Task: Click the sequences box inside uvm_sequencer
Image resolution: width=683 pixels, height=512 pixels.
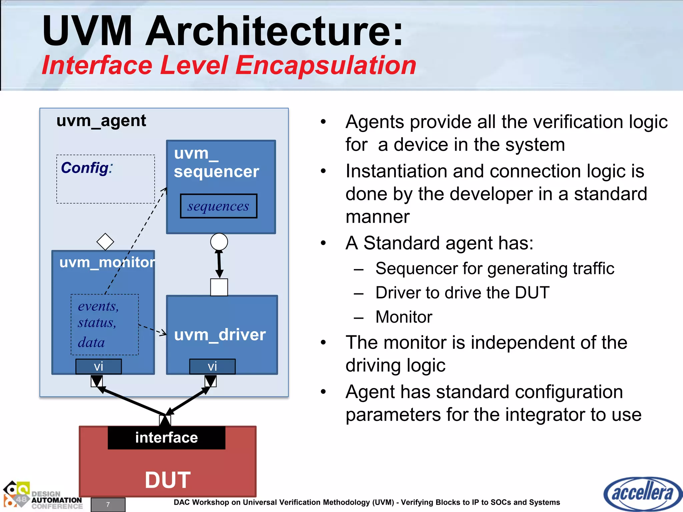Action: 218,206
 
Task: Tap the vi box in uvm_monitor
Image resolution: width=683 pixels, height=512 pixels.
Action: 98,366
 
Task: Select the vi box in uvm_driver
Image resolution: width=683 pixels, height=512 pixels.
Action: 212,366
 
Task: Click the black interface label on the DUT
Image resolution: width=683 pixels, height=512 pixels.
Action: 166,438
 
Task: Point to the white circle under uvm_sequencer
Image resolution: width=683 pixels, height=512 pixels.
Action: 219,242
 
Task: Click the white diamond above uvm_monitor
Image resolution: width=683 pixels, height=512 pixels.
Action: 105,241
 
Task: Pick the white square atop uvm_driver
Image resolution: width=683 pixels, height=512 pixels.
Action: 219,287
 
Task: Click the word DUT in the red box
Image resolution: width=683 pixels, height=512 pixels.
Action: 168,480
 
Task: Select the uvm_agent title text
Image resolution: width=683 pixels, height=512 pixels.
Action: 101,121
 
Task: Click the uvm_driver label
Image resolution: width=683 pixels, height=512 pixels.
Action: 220,334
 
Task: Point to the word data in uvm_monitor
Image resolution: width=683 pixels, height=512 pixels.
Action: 91,343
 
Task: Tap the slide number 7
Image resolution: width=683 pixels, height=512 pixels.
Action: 108,504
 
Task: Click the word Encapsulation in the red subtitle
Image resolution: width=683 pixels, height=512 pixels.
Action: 326,65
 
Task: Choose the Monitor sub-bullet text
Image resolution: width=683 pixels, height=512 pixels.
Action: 404,317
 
